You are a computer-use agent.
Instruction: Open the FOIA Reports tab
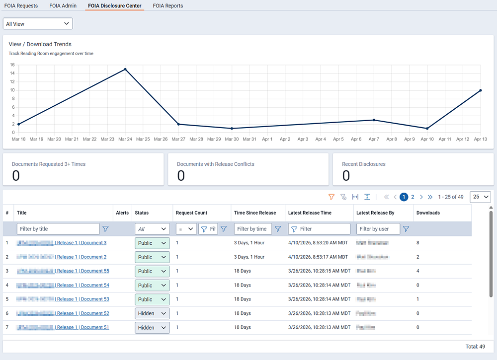168,6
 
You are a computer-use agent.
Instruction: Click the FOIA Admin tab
63,6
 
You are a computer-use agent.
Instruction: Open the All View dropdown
38,24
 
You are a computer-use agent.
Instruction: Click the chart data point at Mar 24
125,70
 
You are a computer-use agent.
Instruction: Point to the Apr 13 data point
481,90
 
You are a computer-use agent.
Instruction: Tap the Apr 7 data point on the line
374,120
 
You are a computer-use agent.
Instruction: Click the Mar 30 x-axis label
232,140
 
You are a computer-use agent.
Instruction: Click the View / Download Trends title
40,44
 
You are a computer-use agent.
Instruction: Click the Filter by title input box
58,229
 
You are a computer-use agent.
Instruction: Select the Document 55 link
95,271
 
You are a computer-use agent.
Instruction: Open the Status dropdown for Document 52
152,313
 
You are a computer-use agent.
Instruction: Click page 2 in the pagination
413,197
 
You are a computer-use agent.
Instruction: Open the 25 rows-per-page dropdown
480,197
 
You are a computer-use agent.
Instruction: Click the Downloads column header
428,213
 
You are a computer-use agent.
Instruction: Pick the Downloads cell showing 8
418,243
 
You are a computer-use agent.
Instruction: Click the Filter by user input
378,229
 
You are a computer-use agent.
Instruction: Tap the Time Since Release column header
255,213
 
